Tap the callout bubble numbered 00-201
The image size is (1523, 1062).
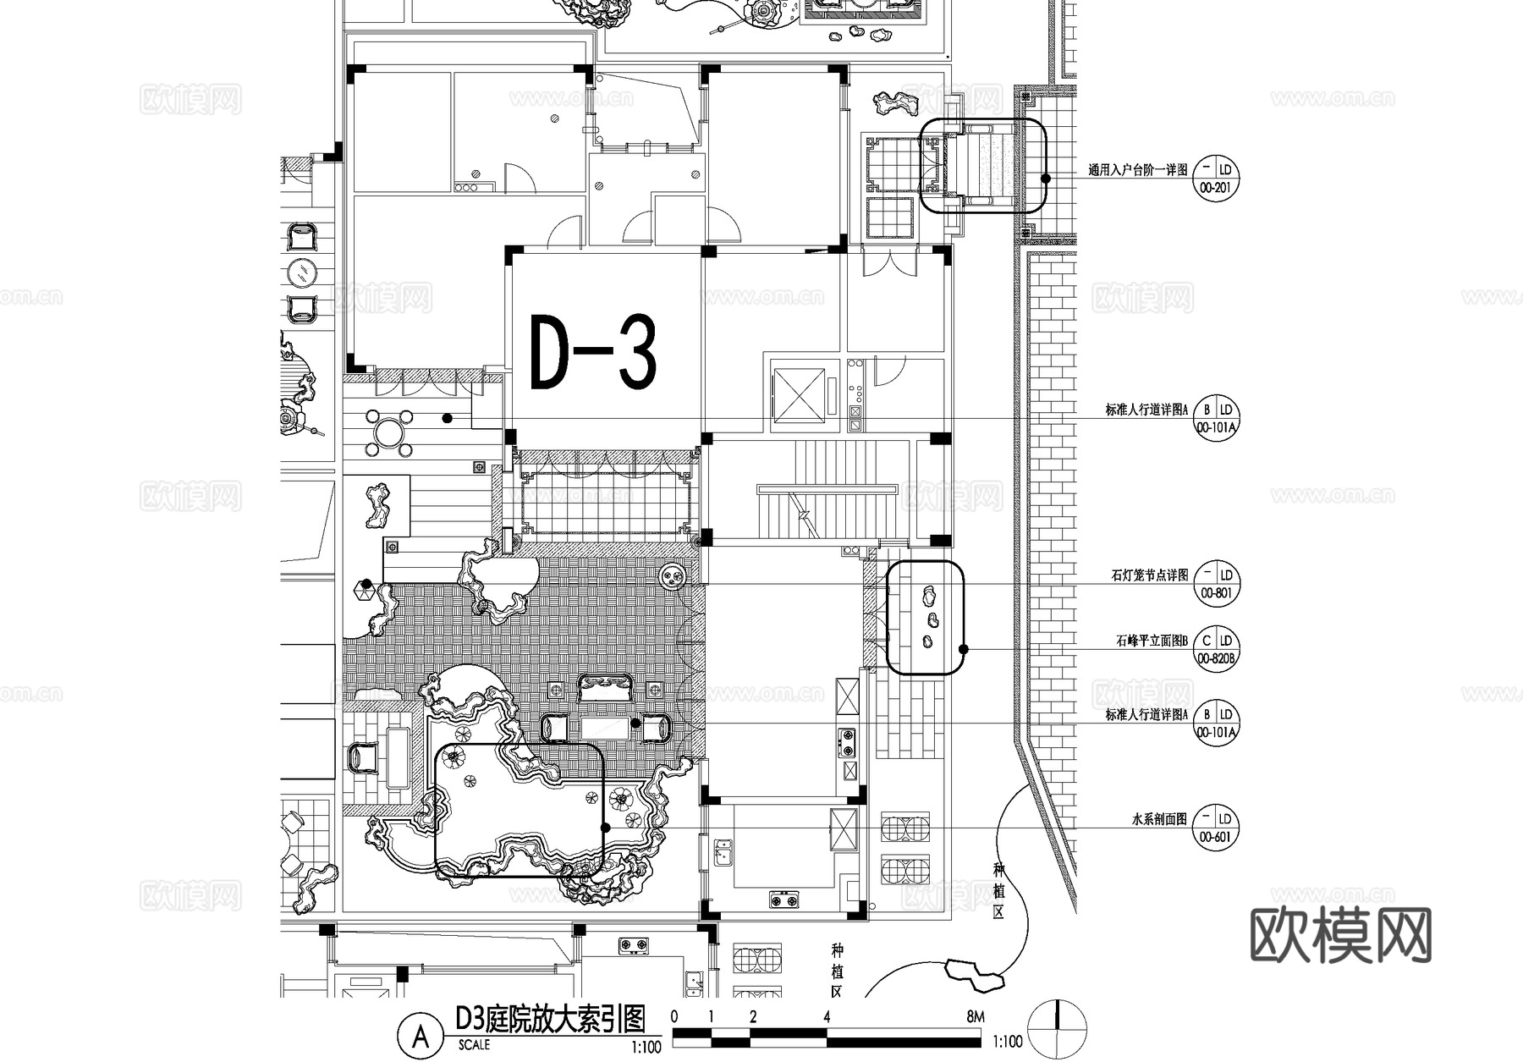(x=1215, y=177)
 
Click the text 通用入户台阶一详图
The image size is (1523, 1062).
(x=1137, y=170)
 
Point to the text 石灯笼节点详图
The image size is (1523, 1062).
(x=1149, y=575)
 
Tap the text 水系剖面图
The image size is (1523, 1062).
(x=1158, y=819)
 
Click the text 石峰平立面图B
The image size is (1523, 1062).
(x=1152, y=641)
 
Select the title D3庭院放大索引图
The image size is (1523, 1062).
(x=550, y=1019)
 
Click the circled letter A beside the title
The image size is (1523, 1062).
(x=420, y=1035)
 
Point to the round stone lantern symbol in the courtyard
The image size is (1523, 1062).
(x=674, y=578)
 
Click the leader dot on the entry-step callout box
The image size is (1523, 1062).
(x=1046, y=179)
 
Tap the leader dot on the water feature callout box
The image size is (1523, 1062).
(x=605, y=828)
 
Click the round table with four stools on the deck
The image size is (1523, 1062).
(x=387, y=432)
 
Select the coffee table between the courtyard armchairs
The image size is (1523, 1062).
(x=606, y=728)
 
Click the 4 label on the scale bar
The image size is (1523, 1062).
(x=827, y=1016)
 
